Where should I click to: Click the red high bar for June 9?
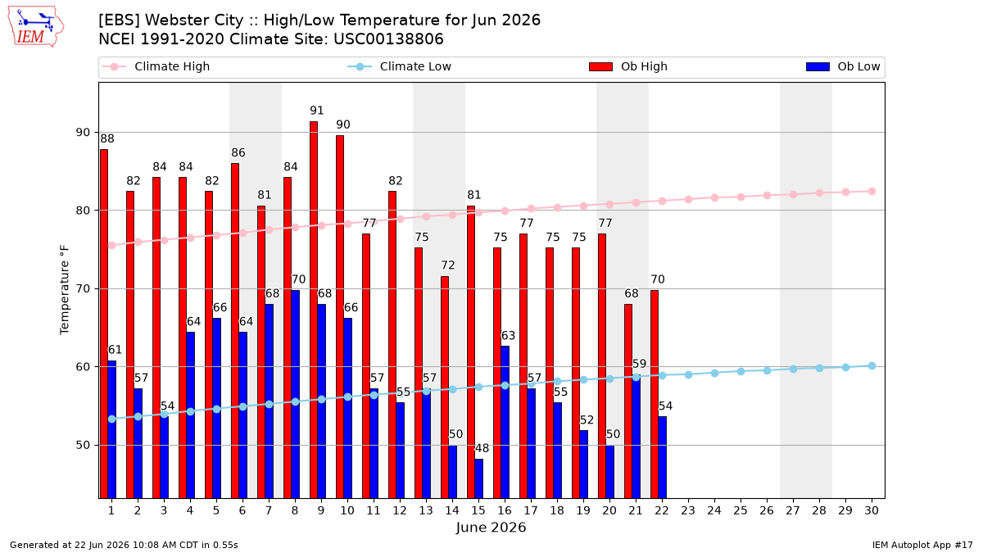coord(314,310)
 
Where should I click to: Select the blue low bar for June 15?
coord(478,478)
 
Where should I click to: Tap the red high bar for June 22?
coord(655,394)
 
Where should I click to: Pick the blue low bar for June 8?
coord(296,394)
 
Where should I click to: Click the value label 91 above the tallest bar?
coord(317,111)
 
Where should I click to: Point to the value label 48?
coord(482,448)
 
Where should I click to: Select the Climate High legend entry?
coord(156,66)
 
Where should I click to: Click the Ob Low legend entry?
coord(843,66)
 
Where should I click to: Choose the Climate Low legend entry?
coord(400,66)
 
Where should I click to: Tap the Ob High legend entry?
coord(628,66)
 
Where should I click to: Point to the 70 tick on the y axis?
coord(83,288)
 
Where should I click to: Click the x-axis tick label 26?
coord(767,510)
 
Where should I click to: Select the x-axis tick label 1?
coord(111,510)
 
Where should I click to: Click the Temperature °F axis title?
coord(65,290)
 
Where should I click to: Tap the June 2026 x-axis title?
coord(491,527)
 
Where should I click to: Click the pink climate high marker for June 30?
coord(872,192)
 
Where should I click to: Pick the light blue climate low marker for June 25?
coord(741,371)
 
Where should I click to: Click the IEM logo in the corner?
coord(35,27)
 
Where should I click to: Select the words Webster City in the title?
coord(194,20)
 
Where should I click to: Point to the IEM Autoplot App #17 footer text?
coord(922,545)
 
